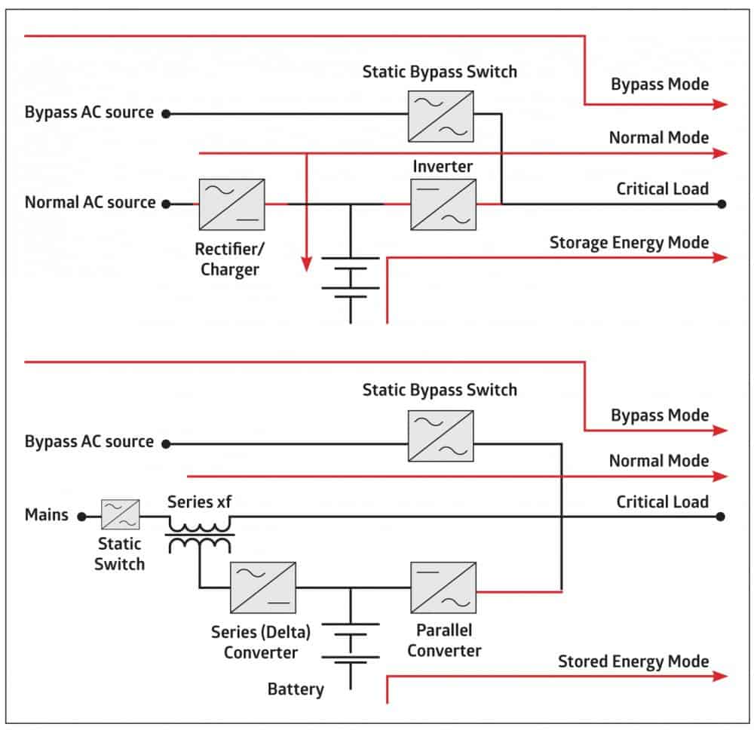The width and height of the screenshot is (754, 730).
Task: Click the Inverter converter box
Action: (x=443, y=204)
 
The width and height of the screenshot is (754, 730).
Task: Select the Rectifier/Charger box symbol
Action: (x=231, y=204)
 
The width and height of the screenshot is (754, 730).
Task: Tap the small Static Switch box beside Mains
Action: (x=121, y=517)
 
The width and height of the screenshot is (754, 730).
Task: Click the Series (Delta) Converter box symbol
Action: (x=263, y=587)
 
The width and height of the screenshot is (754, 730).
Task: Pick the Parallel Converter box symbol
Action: (x=443, y=587)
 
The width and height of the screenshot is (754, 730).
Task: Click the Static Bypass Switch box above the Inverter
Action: (x=441, y=115)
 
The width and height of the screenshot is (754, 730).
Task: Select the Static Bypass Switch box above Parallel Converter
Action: (x=441, y=436)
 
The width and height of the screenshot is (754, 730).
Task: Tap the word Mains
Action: (x=47, y=516)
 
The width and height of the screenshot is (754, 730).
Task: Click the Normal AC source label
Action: (x=90, y=203)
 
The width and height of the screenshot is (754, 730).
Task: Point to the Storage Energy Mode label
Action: (x=629, y=243)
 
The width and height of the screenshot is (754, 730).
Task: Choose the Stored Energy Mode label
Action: (x=633, y=661)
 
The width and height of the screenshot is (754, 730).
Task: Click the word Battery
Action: (x=296, y=689)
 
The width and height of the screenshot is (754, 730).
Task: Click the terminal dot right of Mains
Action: (x=82, y=517)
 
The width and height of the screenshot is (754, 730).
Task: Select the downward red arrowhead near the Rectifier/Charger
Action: (x=306, y=264)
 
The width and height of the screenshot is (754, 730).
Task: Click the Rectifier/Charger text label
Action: (x=230, y=259)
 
